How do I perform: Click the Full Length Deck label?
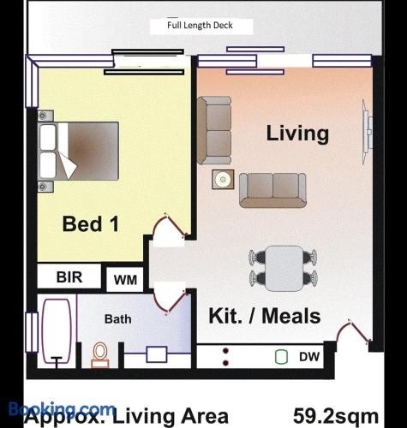coord(200,26)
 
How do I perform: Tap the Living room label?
coord(297,134)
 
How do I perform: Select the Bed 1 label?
coord(91,224)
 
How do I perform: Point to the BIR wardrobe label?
coord(69,277)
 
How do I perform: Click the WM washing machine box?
coord(125,280)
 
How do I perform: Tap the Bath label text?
coord(118,319)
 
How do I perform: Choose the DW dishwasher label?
coord(309,357)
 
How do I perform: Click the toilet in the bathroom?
coord(100,355)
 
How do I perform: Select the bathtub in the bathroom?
coord(57,332)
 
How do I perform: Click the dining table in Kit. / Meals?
coord(284,269)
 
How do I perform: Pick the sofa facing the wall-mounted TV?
coord(272,190)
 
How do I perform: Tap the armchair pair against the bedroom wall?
coord(214,130)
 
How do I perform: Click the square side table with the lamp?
coord(223,179)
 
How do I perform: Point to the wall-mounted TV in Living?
coord(368,132)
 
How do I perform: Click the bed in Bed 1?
coord(78,151)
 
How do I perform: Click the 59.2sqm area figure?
coord(336,416)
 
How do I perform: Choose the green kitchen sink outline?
coord(281,357)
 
